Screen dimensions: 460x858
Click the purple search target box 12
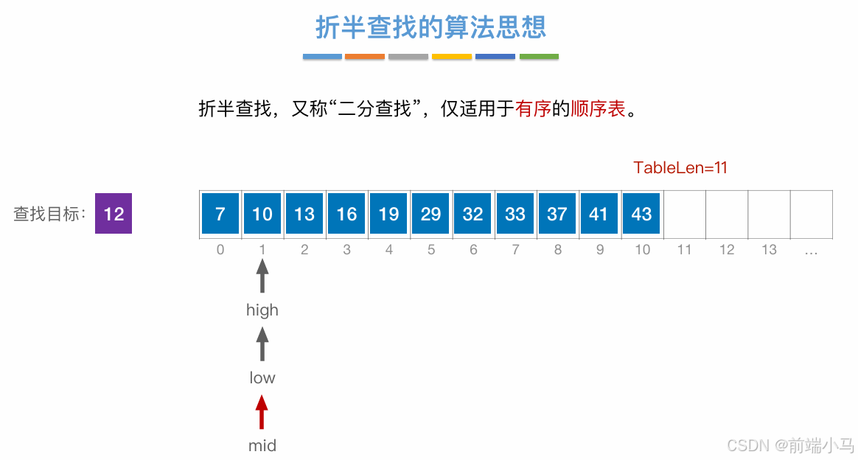[x=114, y=214]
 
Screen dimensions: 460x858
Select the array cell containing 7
[x=220, y=214]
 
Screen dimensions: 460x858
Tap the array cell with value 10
[x=262, y=214]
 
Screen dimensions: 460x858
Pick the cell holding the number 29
[x=430, y=214]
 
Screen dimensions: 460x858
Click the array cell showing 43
[x=641, y=214]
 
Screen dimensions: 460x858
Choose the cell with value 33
[x=515, y=214]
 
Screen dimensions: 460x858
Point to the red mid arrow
[x=262, y=412]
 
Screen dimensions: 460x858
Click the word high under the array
[x=262, y=310]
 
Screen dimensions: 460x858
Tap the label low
[x=262, y=378]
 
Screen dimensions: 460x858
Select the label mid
[x=262, y=445]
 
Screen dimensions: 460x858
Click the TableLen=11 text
[x=680, y=167]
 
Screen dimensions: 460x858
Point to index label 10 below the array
[x=642, y=250]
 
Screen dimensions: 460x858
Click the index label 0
[x=220, y=250]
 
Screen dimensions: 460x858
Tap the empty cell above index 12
[x=727, y=214]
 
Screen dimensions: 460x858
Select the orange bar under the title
[x=365, y=57]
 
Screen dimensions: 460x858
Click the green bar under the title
[x=539, y=57]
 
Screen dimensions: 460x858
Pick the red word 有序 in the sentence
[x=534, y=109]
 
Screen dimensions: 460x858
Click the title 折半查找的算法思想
[x=430, y=27]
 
